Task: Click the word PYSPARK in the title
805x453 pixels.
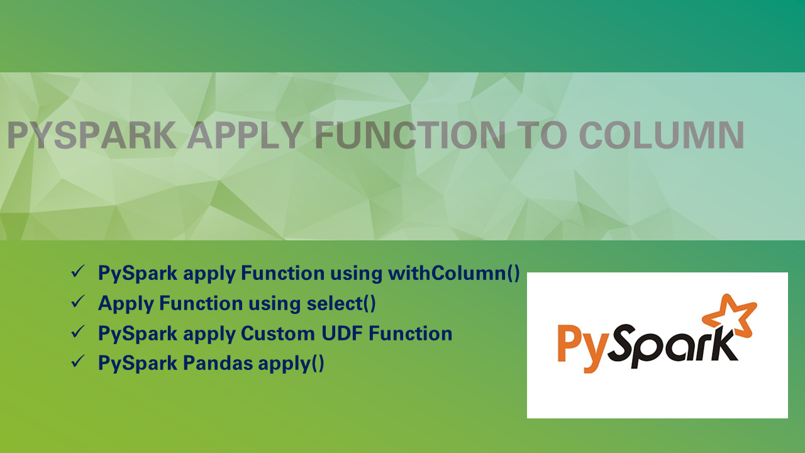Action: pos(91,135)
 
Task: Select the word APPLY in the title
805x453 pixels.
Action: pos(246,135)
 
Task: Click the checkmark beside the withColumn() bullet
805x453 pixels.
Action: pos(78,272)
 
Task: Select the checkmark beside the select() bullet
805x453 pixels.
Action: pos(78,303)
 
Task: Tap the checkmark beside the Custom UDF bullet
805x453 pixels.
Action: pos(78,333)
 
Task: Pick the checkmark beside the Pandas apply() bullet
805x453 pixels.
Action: pos(78,363)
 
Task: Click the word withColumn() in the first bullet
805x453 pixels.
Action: pos(453,274)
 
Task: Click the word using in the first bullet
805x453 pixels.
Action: pos(355,274)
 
